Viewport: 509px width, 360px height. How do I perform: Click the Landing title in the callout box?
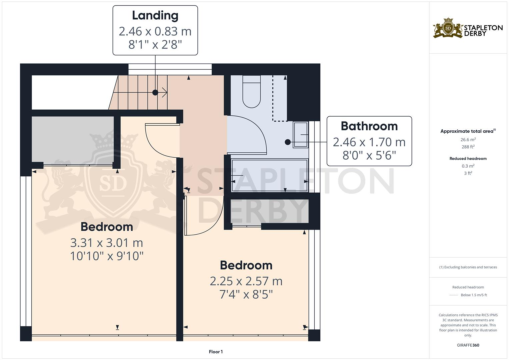pyautogui.click(x=155, y=16)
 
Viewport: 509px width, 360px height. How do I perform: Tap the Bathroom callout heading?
pyautogui.click(x=369, y=126)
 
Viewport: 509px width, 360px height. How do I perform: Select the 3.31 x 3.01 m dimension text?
pyautogui.click(x=107, y=243)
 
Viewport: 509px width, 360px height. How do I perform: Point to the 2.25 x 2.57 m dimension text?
pyautogui.click(x=246, y=281)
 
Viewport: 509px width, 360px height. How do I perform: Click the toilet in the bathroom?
pyautogui.click(x=251, y=92)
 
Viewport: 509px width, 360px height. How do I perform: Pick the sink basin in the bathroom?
pyautogui.click(x=300, y=135)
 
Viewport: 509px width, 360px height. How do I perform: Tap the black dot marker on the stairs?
pyautogui.click(x=155, y=93)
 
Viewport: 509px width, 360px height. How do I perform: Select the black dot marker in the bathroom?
pyautogui.click(x=288, y=142)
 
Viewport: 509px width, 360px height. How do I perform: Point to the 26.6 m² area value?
pyautogui.click(x=468, y=140)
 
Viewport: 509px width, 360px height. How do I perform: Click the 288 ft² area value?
pyautogui.click(x=468, y=147)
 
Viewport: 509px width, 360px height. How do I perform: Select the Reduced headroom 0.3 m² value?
pyautogui.click(x=468, y=166)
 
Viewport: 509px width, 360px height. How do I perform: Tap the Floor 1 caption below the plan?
pyautogui.click(x=216, y=352)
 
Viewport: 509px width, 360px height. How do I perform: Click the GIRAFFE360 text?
pyautogui.click(x=468, y=345)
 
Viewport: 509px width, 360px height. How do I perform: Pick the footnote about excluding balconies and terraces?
pyautogui.click(x=468, y=267)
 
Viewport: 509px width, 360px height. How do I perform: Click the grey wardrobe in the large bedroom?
pyautogui.click(x=73, y=139)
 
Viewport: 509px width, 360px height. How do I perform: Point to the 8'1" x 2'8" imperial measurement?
pyautogui.click(x=155, y=44)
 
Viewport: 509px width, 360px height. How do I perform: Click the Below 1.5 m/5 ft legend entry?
pyautogui.click(x=473, y=295)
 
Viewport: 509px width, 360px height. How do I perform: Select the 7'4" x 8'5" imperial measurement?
pyautogui.click(x=246, y=295)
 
